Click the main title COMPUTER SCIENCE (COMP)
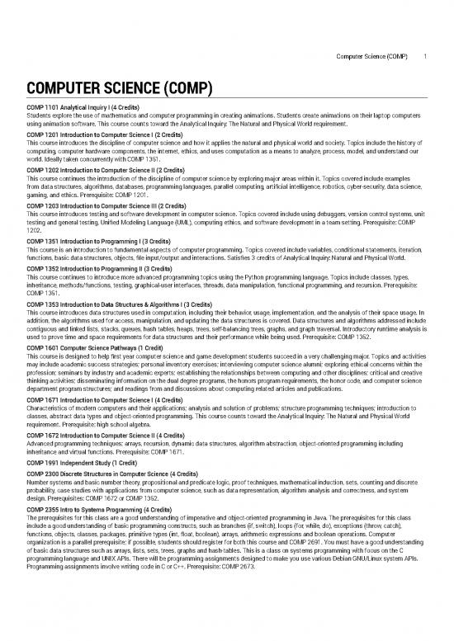(120, 88)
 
